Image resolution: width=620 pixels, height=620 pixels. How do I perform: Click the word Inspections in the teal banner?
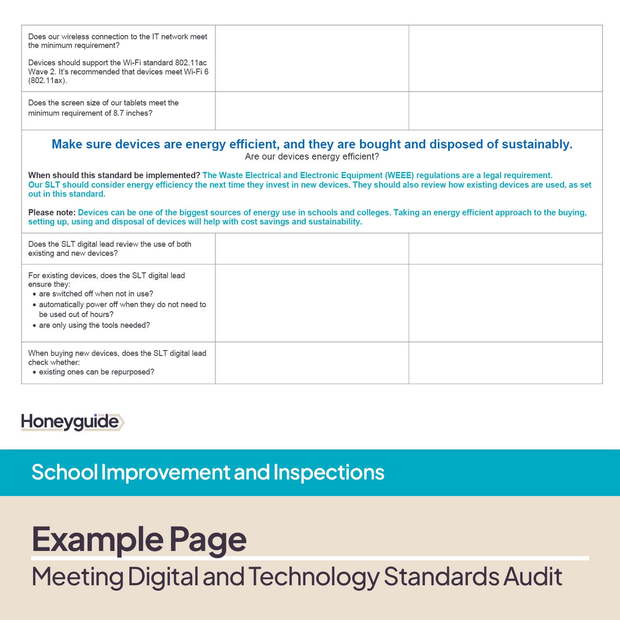click(329, 472)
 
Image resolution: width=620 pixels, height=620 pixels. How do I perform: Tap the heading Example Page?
click(139, 539)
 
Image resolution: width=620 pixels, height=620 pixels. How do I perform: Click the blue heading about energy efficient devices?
click(312, 144)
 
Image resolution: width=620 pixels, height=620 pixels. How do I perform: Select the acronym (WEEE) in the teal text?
click(399, 175)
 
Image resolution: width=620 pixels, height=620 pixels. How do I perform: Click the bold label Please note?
click(52, 212)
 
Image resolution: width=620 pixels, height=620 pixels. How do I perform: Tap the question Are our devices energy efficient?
click(312, 157)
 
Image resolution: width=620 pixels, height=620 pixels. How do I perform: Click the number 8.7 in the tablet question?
click(118, 113)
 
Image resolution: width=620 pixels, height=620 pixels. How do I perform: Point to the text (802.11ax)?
click(47, 81)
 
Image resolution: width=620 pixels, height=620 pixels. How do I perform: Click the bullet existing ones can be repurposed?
click(96, 372)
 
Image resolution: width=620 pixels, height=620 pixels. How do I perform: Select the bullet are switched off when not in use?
click(96, 294)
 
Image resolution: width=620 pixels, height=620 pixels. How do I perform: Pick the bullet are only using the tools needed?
click(94, 325)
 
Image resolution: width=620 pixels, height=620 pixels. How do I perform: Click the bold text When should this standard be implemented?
click(114, 175)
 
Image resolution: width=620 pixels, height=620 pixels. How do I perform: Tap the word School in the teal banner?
click(64, 472)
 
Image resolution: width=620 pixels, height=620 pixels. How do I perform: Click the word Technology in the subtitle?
click(313, 577)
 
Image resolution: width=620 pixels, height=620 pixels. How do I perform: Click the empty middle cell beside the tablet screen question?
click(312, 111)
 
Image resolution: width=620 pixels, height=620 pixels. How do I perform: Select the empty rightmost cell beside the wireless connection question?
click(505, 58)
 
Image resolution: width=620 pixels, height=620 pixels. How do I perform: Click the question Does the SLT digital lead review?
click(110, 248)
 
